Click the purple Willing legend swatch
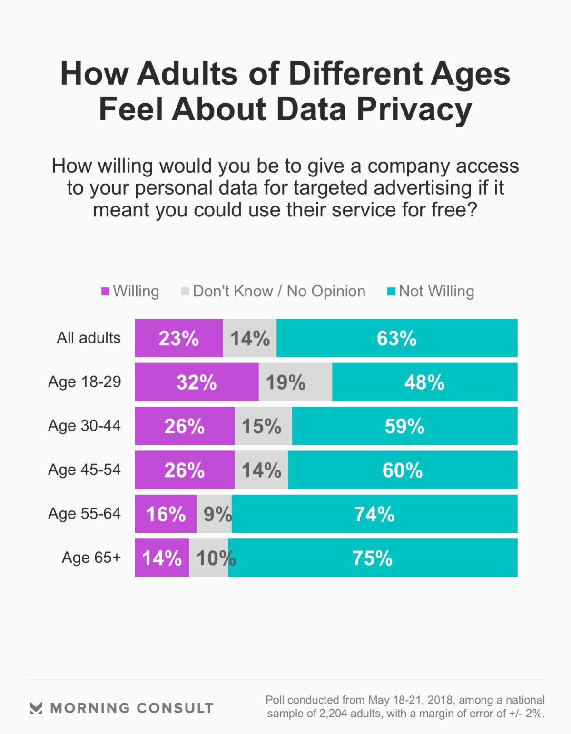(x=106, y=291)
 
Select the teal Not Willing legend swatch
(x=391, y=291)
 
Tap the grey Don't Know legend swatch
(x=186, y=291)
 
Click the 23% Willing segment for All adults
(x=179, y=338)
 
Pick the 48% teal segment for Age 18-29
(x=424, y=382)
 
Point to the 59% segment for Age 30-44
(x=404, y=426)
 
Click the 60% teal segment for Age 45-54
(x=403, y=470)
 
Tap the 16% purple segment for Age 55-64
(x=166, y=514)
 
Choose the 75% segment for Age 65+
(x=373, y=558)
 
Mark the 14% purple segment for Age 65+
(x=162, y=558)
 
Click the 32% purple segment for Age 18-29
(x=197, y=382)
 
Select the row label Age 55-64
(x=84, y=514)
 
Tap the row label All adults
(x=89, y=338)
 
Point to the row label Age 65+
(x=91, y=558)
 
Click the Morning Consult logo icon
(x=36, y=708)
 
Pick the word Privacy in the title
(x=414, y=109)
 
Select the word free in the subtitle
(x=449, y=210)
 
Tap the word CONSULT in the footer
(x=175, y=708)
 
